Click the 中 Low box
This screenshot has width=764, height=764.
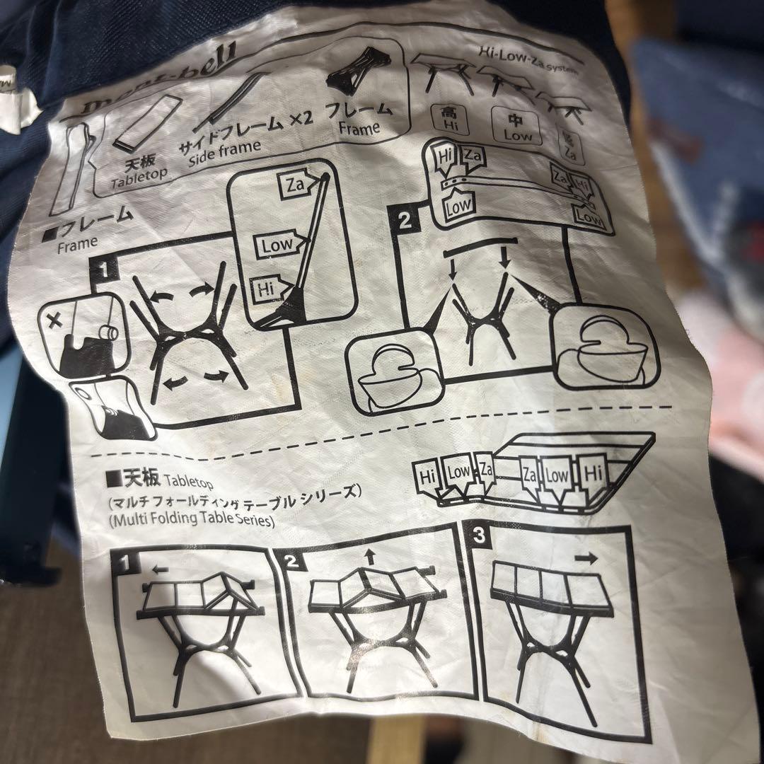516,127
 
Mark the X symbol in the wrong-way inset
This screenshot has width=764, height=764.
54,322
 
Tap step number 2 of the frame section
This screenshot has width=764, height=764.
404,221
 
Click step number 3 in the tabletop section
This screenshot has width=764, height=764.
480,536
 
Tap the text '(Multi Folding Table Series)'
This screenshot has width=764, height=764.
191,521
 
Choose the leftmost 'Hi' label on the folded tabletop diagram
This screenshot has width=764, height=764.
428,477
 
